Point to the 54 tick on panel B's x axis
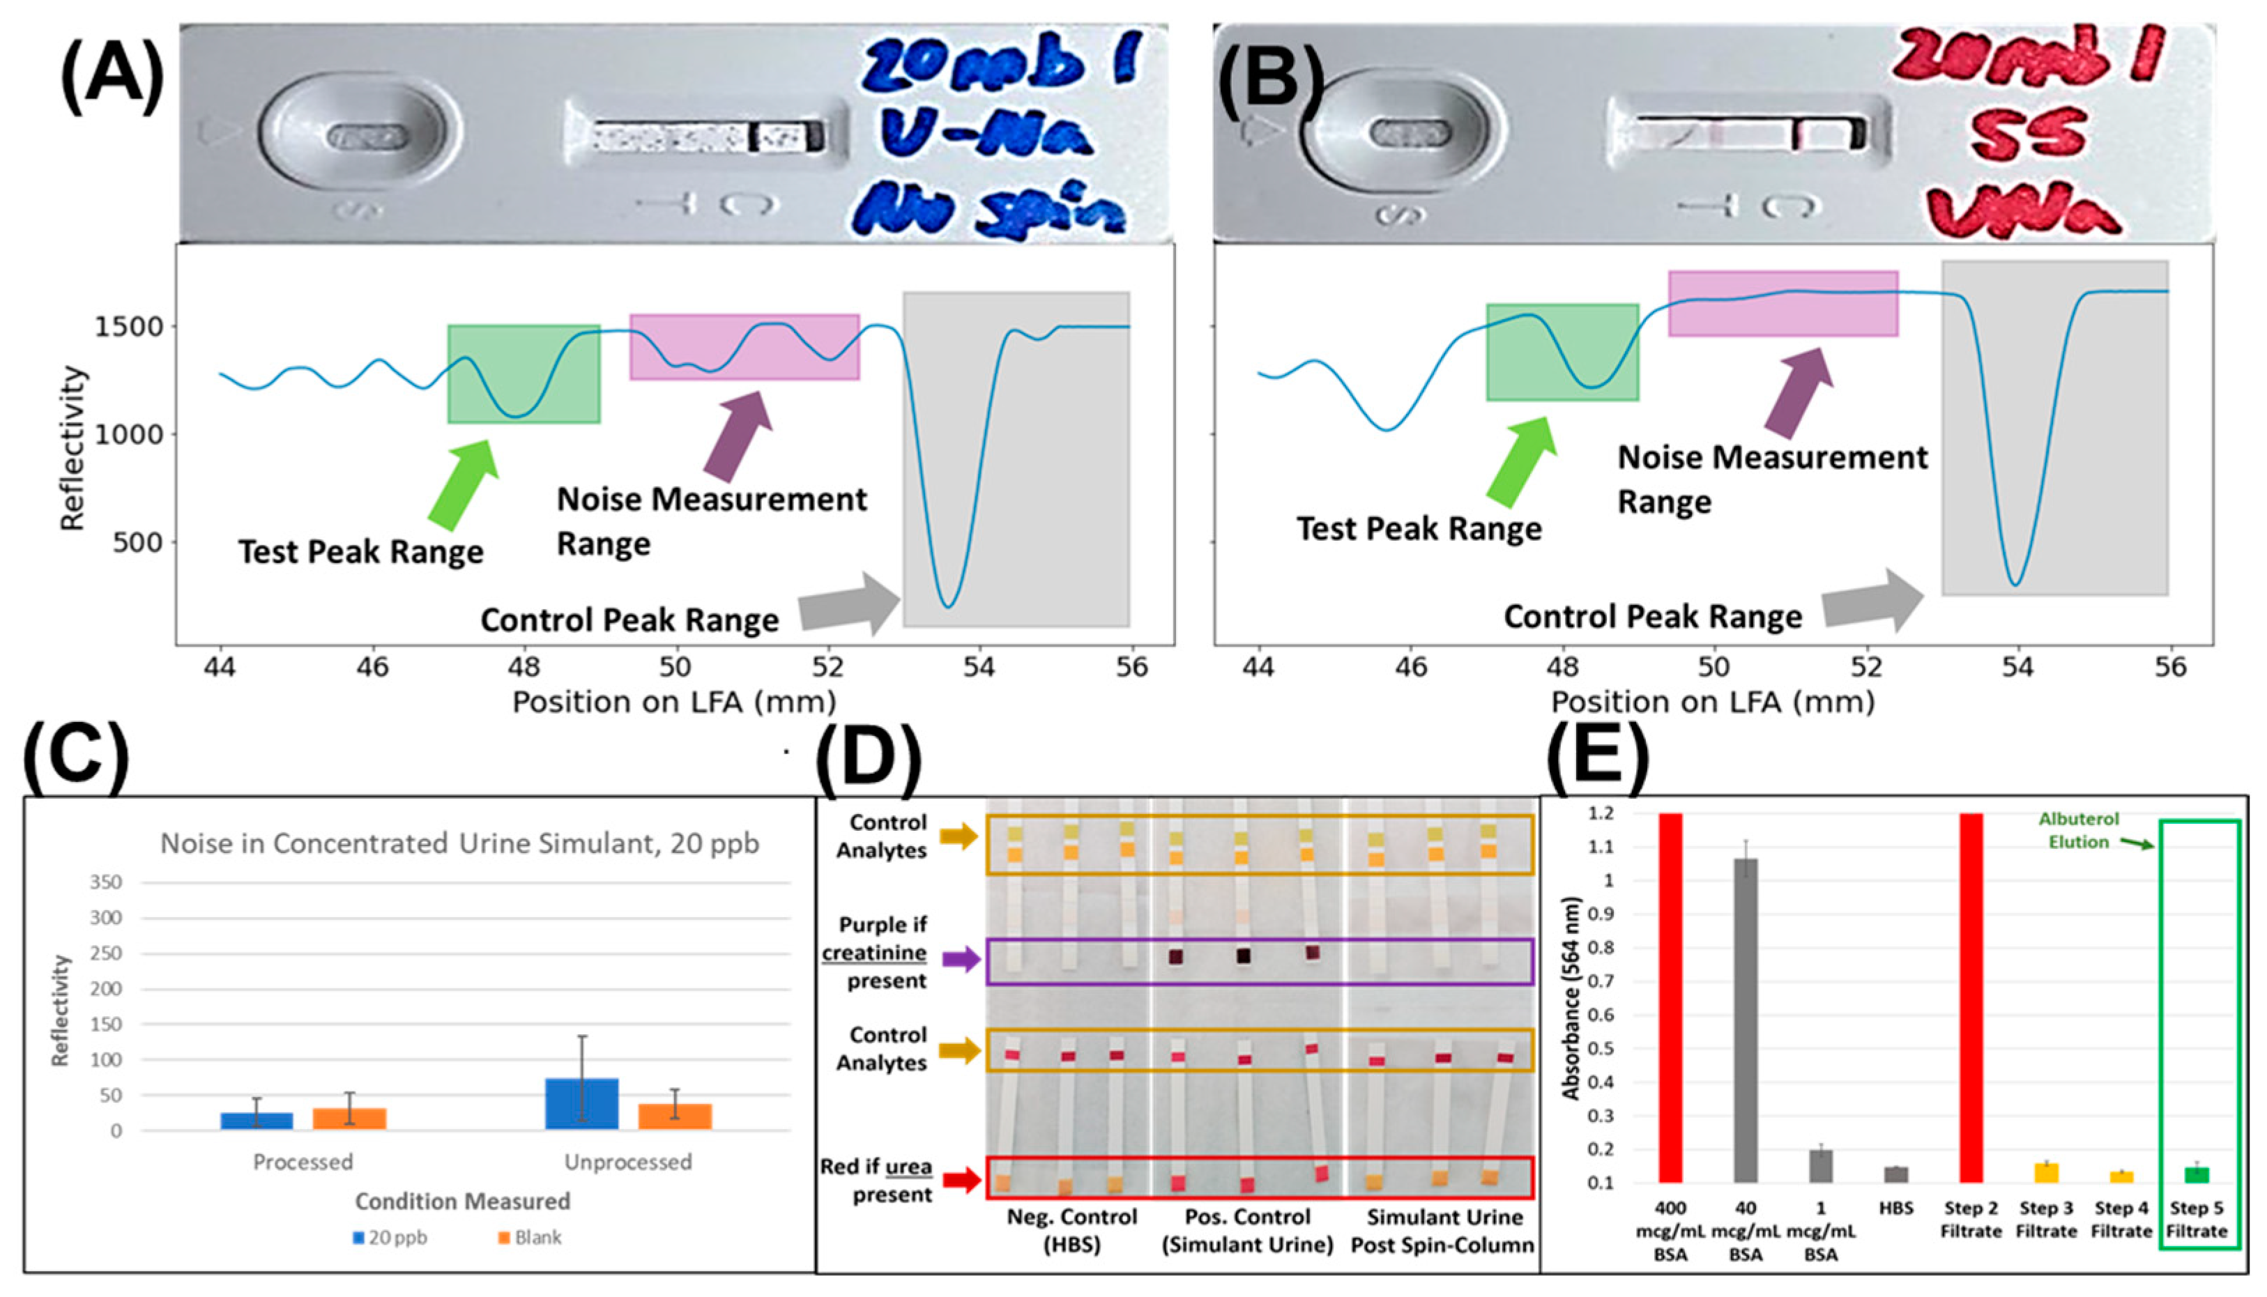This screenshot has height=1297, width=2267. tap(2017, 666)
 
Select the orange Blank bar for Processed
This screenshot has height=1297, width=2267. tap(349, 1118)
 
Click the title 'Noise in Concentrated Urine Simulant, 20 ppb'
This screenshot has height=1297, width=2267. tap(459, 843)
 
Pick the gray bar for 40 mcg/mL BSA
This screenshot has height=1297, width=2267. tap(1745, 1019)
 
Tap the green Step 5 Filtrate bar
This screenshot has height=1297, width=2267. tap(2197, 1174)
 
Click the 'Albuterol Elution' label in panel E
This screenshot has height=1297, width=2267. tap(2079, 830)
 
